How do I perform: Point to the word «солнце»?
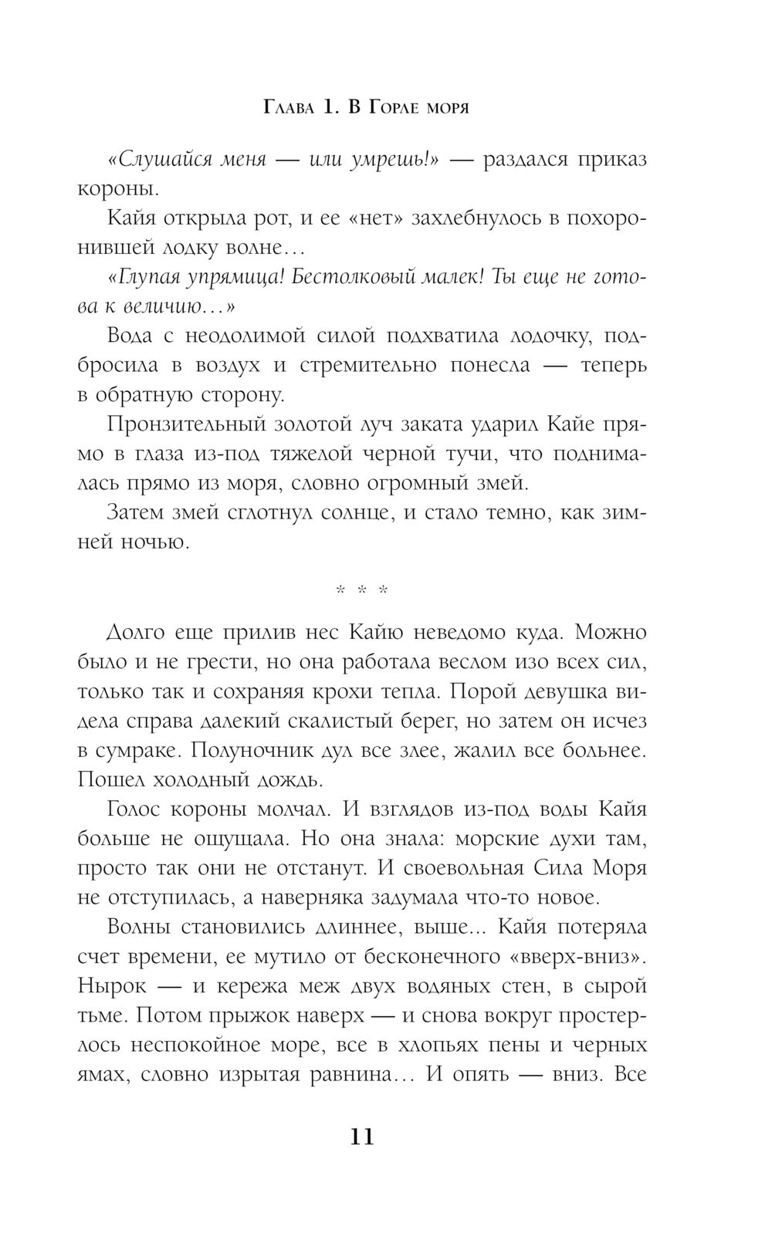[x=347, y=513]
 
